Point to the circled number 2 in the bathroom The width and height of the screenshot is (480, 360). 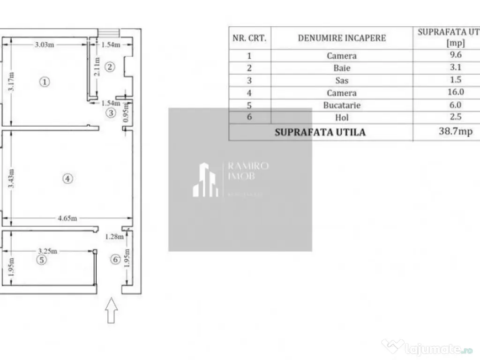click(109, 67)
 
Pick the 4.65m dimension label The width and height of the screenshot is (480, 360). click(67, 218)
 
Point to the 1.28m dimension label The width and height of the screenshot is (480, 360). click(114, 237)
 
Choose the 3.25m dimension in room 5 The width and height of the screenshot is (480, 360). click(48, 251)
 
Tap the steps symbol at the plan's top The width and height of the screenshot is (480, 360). click(109, 32)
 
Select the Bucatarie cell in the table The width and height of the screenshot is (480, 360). click(342, 105)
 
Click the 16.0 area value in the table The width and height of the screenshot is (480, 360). click(455, 93)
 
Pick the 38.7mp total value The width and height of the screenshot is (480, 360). click(455, 132)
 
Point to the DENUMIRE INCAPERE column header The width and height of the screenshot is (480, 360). click(342, 38)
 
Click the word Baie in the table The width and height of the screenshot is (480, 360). click(342, 68)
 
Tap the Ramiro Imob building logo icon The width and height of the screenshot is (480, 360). click(205, 180)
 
